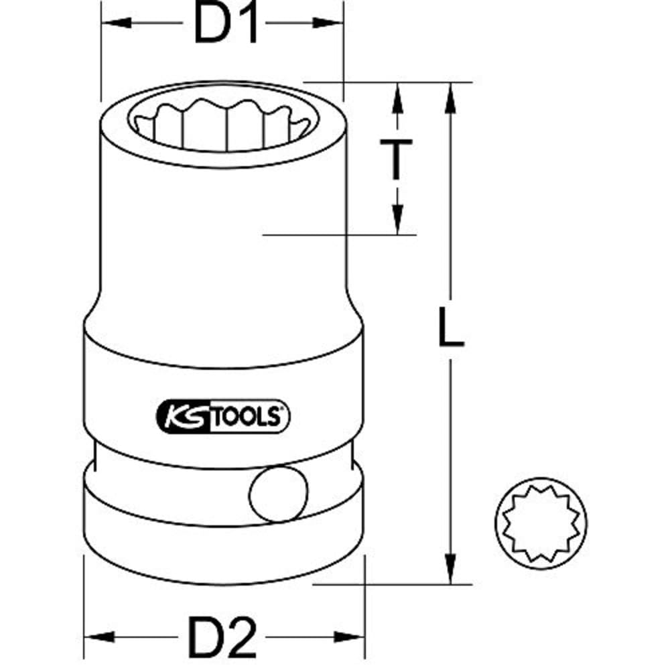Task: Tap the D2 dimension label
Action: pos(222,638)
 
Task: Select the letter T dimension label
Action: pos(397,159)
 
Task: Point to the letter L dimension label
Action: pos(451,328)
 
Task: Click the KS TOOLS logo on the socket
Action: pos(222,417)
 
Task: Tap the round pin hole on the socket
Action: pos(278,494)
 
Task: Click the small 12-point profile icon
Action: pos(541,523)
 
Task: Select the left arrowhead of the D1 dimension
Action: pos(116,23)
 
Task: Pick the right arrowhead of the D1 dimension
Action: pos(328,23)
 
